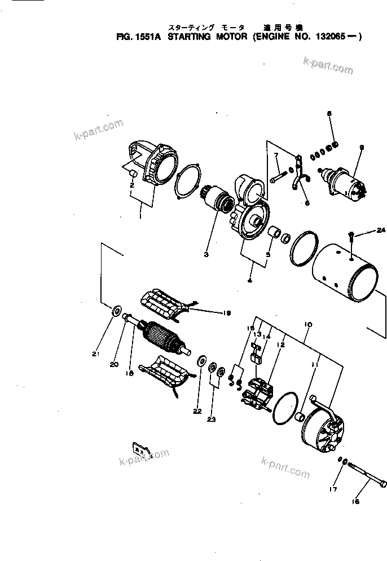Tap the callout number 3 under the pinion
tap(206, 254)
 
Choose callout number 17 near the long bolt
tap(333, 489)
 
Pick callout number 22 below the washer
tap(198, 411)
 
